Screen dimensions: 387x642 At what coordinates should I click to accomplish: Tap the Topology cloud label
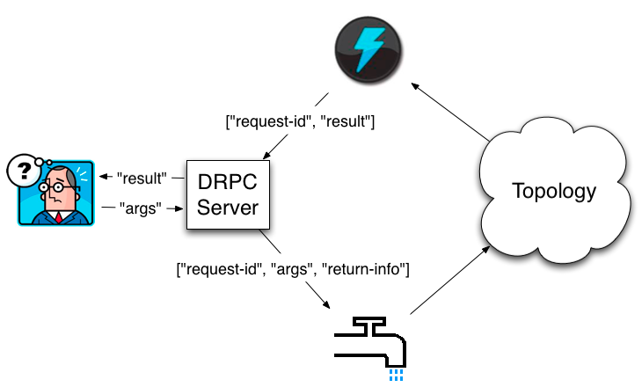point(554,191)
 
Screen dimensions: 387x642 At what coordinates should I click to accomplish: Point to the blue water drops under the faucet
point(397,375)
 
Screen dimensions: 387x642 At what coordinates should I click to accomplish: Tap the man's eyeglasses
point(59,187)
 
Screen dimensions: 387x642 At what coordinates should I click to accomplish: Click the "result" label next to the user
point(142,179)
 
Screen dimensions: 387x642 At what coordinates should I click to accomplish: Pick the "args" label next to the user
point(143,208)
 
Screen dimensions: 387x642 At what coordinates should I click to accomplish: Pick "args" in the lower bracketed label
point(291,268)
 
